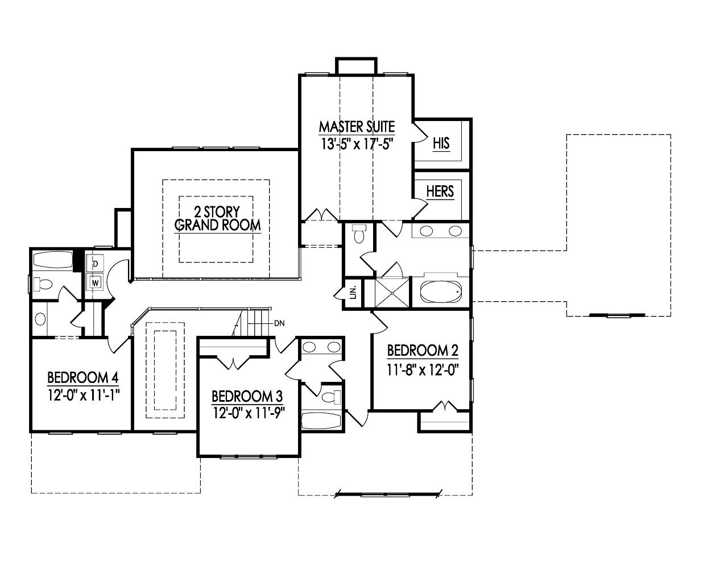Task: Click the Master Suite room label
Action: [357, 126]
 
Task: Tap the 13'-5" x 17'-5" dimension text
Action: [357, 143]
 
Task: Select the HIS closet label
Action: [441, 143]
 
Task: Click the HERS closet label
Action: [440, 191]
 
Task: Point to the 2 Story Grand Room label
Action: [217, 218]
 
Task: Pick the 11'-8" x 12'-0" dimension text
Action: [423, 369]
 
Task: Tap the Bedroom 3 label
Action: [247, 396]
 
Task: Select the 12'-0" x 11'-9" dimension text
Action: [248, 413]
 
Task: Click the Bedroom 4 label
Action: [82, 377]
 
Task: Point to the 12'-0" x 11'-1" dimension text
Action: [83, 394]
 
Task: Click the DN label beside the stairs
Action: [279, 323]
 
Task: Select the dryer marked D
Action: [95, 264]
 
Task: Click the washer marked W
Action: [95, 281]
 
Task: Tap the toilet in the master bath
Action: [358, 234]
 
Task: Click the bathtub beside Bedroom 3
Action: [321, 421]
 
